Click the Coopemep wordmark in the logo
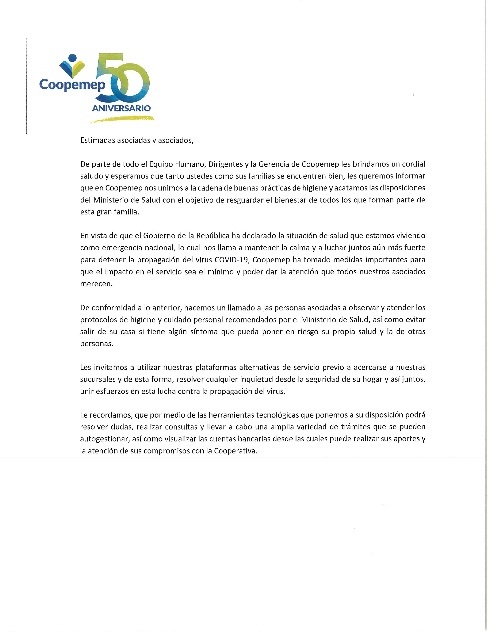coord(72,84)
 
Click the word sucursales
coord(98,379)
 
